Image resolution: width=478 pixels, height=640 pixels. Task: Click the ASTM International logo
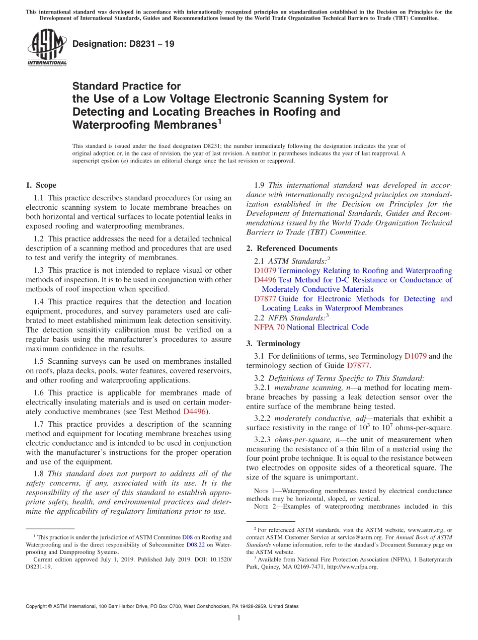point(47,48)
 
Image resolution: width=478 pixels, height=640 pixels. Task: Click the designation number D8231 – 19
point(123,44)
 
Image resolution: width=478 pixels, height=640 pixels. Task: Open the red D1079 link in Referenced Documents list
point(265,270)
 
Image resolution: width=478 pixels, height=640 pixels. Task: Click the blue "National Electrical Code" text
point(328,327)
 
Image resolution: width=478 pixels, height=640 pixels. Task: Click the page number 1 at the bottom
point(238,618)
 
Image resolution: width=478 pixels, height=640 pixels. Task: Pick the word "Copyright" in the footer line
point(40,606)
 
